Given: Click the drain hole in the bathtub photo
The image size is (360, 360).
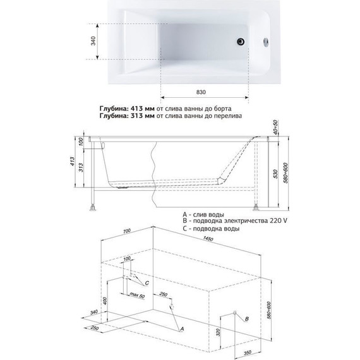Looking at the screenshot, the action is pyautogui.click(x=241, y=42).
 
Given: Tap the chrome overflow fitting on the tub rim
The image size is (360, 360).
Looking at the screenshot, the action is pyautogui.click(x=267, y=42).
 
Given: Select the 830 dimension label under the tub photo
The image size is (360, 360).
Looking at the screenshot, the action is pyautogui.click(x=201, y=92).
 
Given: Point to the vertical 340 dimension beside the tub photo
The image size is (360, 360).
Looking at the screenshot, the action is pyautogui.click(x=93, y=41).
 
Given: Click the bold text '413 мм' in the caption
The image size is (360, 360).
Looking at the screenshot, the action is pyautogui.click(x=143, y=109).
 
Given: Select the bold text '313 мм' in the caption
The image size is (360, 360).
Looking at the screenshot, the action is pyautogui.click(x=143, y=116).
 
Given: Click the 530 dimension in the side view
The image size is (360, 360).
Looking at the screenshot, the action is pyautogui.click(x=275, y=174).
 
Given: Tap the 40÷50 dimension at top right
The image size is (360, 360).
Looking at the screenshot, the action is pyautogui.click(x=275, y=127).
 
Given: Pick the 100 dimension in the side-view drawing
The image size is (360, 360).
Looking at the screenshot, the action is pyautogui.click(x=80, y=143).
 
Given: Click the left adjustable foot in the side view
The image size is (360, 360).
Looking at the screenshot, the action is pyautogui.click(x=93, y=208).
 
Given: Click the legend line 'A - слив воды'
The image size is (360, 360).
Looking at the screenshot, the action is pyautogui.click(x=203, y=215).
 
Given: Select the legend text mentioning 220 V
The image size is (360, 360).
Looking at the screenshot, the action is pyautogui.click(x=235, y=221).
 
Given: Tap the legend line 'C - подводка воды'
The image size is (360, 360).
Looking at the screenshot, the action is pyautogui.click(x=211, y=229).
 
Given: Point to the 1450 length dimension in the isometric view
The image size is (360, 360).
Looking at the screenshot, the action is pyautogui.click(x=208, y=239).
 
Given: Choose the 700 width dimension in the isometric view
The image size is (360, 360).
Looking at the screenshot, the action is pyautogui.click(x=126, y=231).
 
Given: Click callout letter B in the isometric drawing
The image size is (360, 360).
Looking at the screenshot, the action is pyautogui.click(x=247, y=319).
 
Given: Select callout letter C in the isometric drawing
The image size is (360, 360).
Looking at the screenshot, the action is pyautogui.click(x=147, y=283).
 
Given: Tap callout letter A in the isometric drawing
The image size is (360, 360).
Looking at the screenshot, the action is pyautogui.click(x=182, y=329).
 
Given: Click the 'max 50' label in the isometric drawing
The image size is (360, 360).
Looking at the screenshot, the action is pyautogui.click(x=137, y=295).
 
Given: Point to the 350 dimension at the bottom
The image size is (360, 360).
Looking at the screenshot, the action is pyautogui.click(x=247, y=352).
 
